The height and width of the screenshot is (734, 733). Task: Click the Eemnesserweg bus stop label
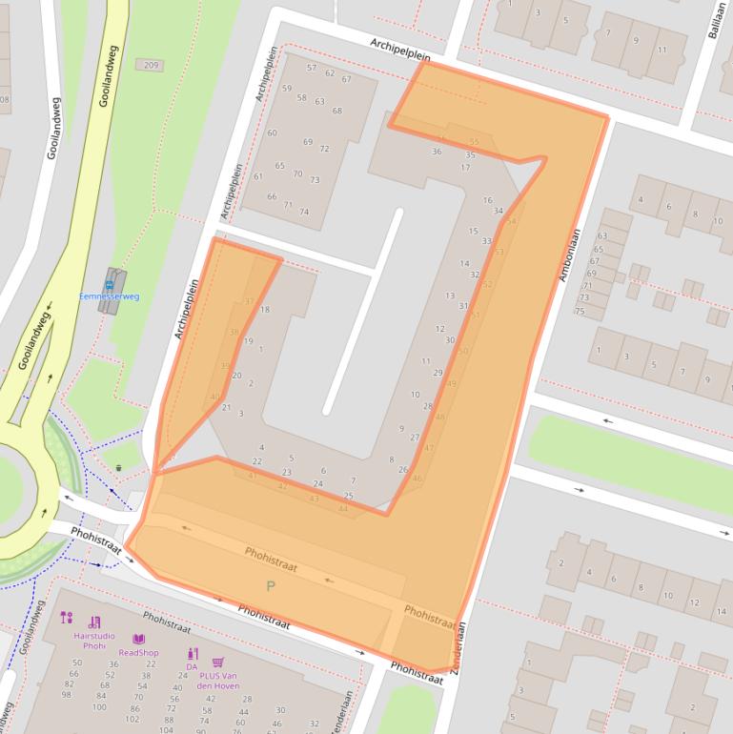click(x=109, y=296)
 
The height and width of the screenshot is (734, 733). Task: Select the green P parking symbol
click(x=271, y=585)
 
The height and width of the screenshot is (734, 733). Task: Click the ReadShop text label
click(x=139, y=652)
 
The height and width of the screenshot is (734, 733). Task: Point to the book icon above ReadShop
click(x=139, y=639)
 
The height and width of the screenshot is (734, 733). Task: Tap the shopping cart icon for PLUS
click(x=217, y=663)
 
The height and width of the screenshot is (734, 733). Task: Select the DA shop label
click(x=192, y=666)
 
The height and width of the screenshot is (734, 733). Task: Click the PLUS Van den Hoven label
click(x=218, y=681)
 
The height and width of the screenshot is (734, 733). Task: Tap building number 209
click(x=150, y=65)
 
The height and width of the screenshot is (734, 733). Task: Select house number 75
click(x=580, y=311)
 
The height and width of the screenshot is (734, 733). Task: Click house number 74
click(x=304, y=212)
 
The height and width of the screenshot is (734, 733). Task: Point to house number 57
click(x=312, y=68)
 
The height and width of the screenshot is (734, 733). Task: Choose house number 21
click(x=226, y=407)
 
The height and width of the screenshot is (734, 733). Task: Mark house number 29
click(x=438, y=373)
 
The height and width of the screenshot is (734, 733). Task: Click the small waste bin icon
click(x=118, y=467)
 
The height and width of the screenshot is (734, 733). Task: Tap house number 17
click(x=465, y=168)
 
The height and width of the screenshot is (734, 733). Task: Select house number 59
click(x=287, y=89)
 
